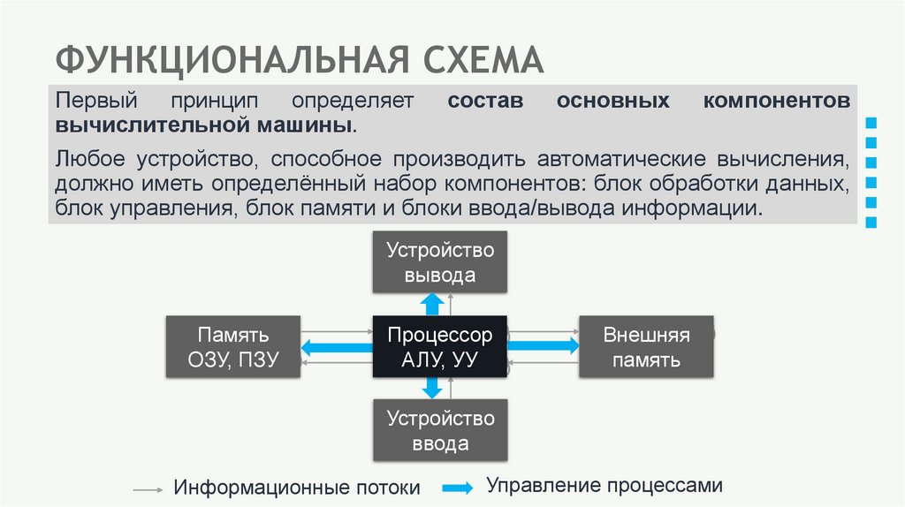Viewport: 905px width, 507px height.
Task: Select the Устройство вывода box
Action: (440, 262)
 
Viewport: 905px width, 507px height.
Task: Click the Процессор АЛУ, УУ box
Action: (439, 347)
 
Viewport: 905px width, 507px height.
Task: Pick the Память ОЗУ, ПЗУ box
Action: (233, 347)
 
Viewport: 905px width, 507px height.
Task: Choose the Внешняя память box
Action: (646, 347)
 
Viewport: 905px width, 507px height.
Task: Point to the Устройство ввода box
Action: (440, 430)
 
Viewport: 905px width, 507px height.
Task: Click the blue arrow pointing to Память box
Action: (336, 347)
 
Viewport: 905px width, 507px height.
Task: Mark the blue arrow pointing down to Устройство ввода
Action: (432, 388)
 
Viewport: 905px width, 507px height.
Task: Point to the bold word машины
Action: (309, 124)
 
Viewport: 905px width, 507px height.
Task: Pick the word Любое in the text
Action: (89, 161)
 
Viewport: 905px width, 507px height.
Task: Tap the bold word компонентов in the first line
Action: (777, 100)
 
